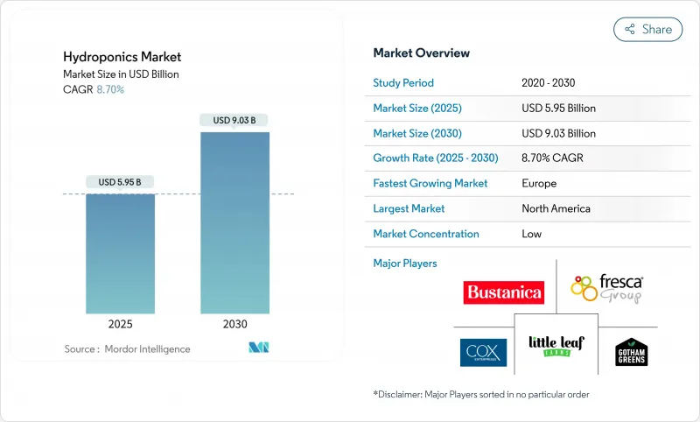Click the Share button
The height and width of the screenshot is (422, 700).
pyautogui.click(x=648, y=29)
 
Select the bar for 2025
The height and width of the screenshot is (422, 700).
pyautogui.click(x=120, y=253)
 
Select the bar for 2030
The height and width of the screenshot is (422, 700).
pyautogui.click(x=234, y=222)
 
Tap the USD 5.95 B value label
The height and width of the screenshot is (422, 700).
pyautogui.click(x=120, y=182)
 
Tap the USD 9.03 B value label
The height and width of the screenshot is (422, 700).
pyautogui.click(x=234, y=120)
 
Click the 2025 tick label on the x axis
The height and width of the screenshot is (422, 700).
pyautogui.click(x=120, y=324)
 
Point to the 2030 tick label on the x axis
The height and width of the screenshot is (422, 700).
pyautogui.click(x=234, y=324)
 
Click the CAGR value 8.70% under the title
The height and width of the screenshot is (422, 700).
pyautogui.click(x=109, y=90)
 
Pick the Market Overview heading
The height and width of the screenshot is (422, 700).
pyautogui.click(x=421, y=53)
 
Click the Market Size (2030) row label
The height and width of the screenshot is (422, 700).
pyautogui.click(x=418, y=133)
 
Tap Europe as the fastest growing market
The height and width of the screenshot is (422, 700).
pyautogui.click(x=538, y=184)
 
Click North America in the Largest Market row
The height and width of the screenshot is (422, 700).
pyautogui.click(x=556, y=208)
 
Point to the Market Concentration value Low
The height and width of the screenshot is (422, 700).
pyautogui.click(x=531, y=234)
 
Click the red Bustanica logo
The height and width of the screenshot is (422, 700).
pyautogui.click(x=503, y=292)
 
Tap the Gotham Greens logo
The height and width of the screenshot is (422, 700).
pyautogui.click(x=632, y=351)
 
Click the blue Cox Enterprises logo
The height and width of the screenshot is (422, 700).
pyautogui.click(x=483, y=352)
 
